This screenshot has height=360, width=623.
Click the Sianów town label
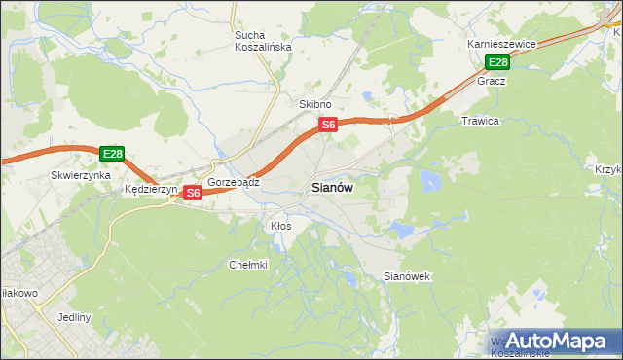coord(332,188)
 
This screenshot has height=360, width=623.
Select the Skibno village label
coord(315,104)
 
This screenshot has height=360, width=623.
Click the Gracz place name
coord(491,81)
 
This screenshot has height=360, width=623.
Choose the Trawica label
coord(480,121)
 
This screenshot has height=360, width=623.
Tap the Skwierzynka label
coord(77,176)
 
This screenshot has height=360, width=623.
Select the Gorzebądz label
coord(233,182)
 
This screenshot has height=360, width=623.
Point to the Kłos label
coord(280,226)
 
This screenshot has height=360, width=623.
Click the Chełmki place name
coord(247,265)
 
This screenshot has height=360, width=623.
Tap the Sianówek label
coord(407,276)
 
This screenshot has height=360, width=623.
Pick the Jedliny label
coord(74,317)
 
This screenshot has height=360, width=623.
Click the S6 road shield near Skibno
coord(329,125)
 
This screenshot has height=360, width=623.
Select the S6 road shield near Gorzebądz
coord(193,193)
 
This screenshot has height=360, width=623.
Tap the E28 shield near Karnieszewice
coord(497,63)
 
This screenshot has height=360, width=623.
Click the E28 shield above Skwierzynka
coord(112,154)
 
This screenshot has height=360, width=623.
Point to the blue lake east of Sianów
coord(428,180)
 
